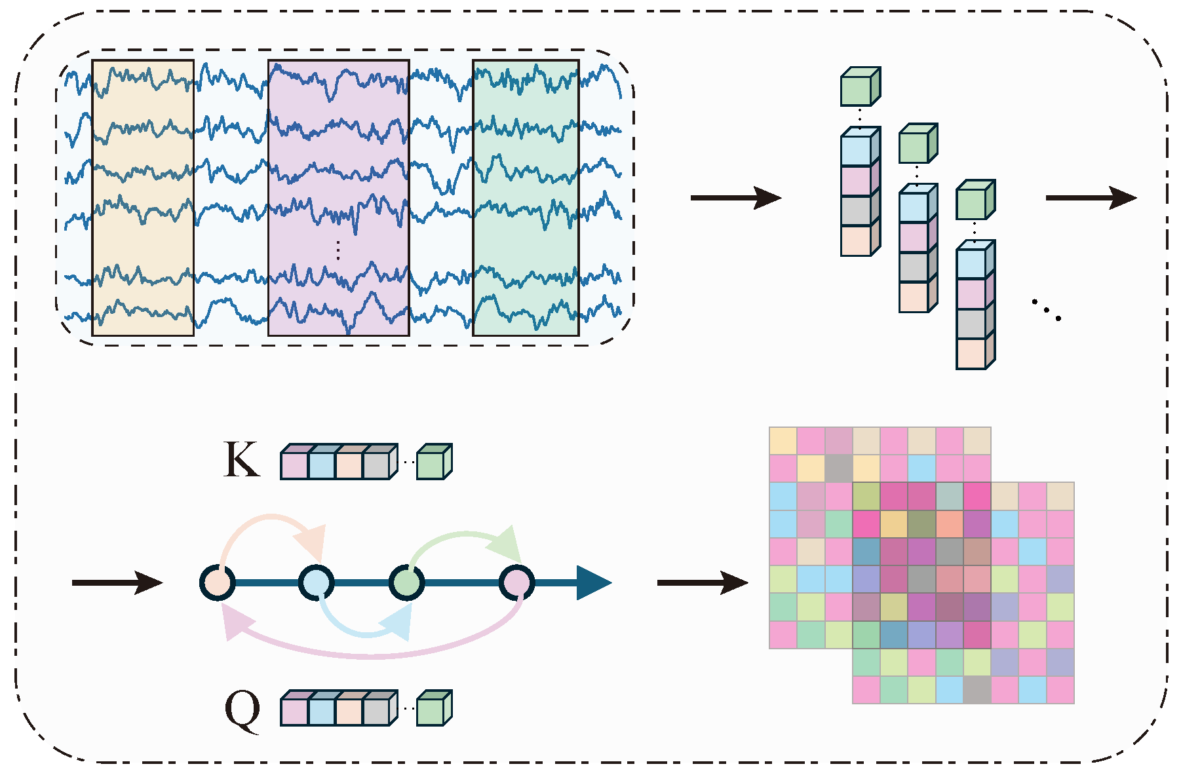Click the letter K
(x=241, y=459)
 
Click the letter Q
(x=242, y=711)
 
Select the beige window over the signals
(x=143, y=198)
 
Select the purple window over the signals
(x=338, y=198)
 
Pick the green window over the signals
(x=526, y=198)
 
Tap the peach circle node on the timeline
(x=218, y=582)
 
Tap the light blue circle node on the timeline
(x=317, y=582)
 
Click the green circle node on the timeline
(x=406, y=582)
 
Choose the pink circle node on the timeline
(x=517, y=582)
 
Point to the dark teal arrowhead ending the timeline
(x=592, y=582)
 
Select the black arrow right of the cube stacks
(x=1091, y=197)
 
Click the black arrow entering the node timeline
(x=117, y=582)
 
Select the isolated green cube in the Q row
(x=433, y=709)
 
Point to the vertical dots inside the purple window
(x=338, y=250)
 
